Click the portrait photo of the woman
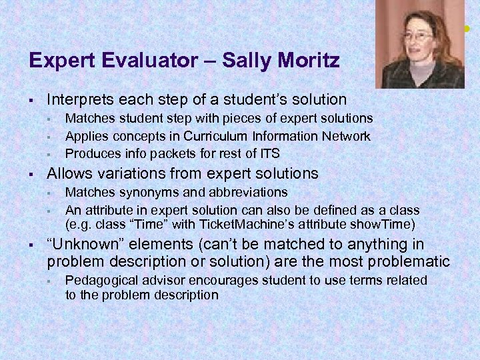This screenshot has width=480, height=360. pyautogui.click(x=419, y=44)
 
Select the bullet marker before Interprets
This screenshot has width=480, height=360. pyautogui.click(x=31, y=101)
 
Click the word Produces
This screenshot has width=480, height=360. pyautogui.click(x=91, y=153)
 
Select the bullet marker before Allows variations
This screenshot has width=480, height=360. pyautogui.click(x=31, y=175)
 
